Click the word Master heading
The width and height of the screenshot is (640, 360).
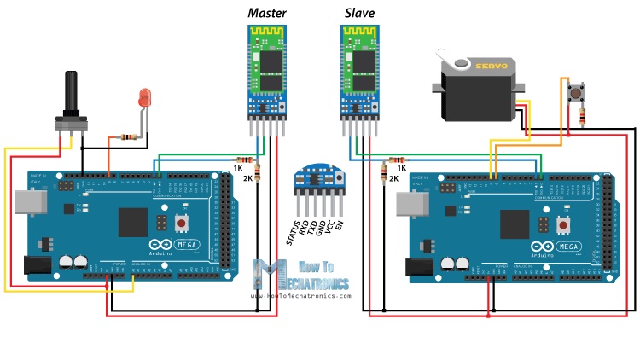(x=267, y=13)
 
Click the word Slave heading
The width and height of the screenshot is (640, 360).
(x=359, y=13)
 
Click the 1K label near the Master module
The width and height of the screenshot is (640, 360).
(x=237, y=168)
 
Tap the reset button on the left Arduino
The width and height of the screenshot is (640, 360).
(x=181, y=224)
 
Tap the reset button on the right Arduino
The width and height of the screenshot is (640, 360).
(x=563, y=224)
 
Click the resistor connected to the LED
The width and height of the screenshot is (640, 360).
(x=125, y=136)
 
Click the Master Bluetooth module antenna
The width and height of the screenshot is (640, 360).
(x=265, y=36)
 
